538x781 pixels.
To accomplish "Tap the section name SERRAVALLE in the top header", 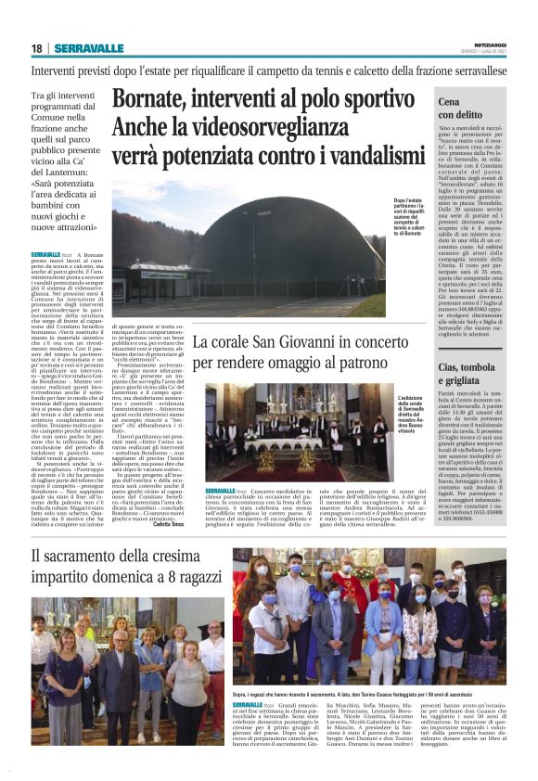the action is pyautogui.click(x=88, y=48).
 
